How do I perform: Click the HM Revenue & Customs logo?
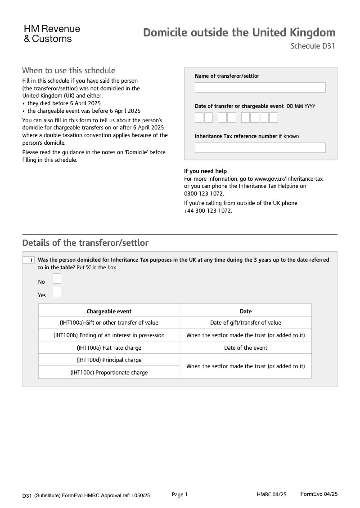tap(52, 34)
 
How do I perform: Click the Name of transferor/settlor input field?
tap(260, 87)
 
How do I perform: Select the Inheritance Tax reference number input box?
tap(260, 147)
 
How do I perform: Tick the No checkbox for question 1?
tap(57, 279)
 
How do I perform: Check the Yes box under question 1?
tap(57, 292)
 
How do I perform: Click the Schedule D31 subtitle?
tap(313, 46)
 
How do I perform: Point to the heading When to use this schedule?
tap(68, 71)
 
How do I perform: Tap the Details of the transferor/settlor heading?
tap(85, 243)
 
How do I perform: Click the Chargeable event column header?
tap(109, 311)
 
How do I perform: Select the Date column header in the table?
tap(246, 311)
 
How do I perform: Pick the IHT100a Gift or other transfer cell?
tap(109, 322)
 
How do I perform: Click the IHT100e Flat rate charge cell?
tap(109, 348)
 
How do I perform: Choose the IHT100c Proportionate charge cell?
tap(109, 372)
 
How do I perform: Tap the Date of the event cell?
tap(246, 348)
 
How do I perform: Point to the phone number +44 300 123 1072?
tap(208, 210)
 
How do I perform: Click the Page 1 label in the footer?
tap(180, 495)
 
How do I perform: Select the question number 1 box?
tap(29, 260)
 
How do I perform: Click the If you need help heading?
tap(205, 171)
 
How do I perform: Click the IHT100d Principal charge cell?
tap(109, 360)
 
